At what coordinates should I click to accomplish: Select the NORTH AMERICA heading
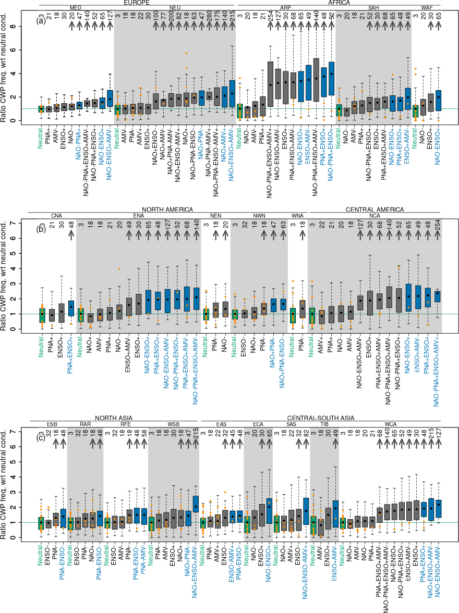coord(171,210)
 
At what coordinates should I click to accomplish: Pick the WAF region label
coord(427,8)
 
